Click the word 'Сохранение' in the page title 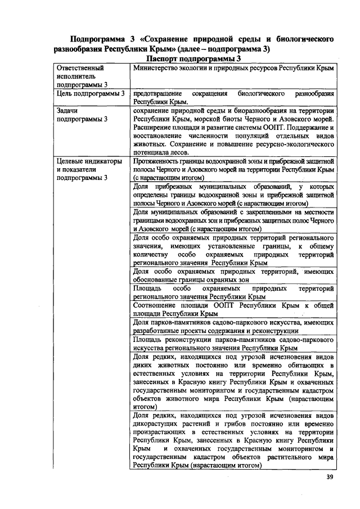tap(168, 39)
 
